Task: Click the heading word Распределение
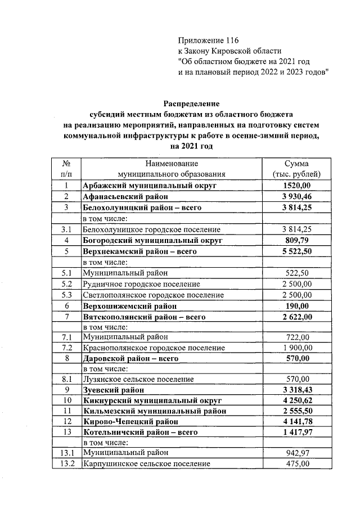(191, 103)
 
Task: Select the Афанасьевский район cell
(122, 196)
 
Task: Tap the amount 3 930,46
(296, 196)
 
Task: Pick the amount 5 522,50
(296, 251)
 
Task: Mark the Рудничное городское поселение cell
(141, 284)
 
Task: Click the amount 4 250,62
(296, 400)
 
